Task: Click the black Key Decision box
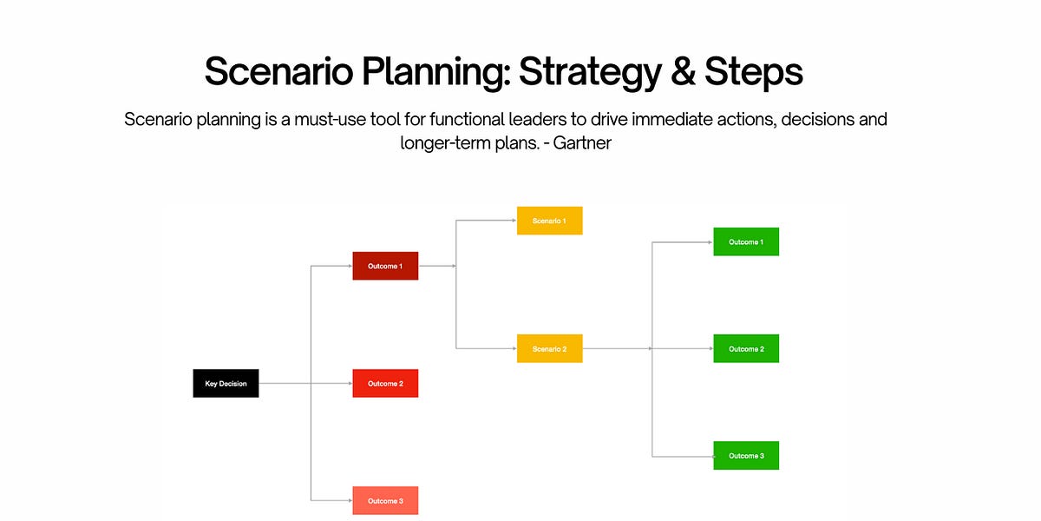226,383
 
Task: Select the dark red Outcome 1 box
385,266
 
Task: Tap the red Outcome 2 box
385,383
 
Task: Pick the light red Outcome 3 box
385,500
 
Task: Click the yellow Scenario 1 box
549,221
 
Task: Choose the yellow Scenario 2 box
549,348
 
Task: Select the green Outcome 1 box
746,241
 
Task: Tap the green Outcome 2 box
746,348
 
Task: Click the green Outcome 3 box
746,455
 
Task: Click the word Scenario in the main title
277,72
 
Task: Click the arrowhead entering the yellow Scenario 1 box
514,221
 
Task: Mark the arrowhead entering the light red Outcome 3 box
349,500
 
